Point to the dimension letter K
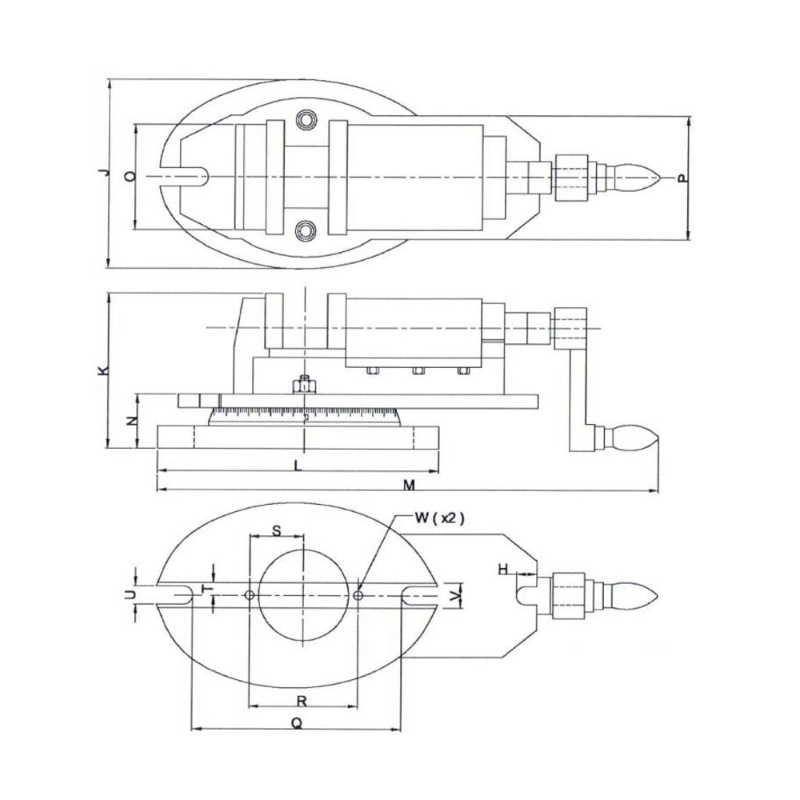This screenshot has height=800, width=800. click(102, 370)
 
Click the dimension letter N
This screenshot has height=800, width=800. click(132, 420)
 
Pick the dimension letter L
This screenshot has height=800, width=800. click(298, 465)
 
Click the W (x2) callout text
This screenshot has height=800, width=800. click(439, 518)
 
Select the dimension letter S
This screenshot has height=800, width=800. click(277, 530)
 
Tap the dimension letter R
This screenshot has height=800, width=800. click(301, 701)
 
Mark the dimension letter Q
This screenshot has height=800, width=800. click(295, 722)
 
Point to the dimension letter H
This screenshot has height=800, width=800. click(503, 569)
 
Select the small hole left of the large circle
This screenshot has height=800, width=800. click(250, 595)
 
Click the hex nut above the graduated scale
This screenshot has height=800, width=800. click(304, 386)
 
